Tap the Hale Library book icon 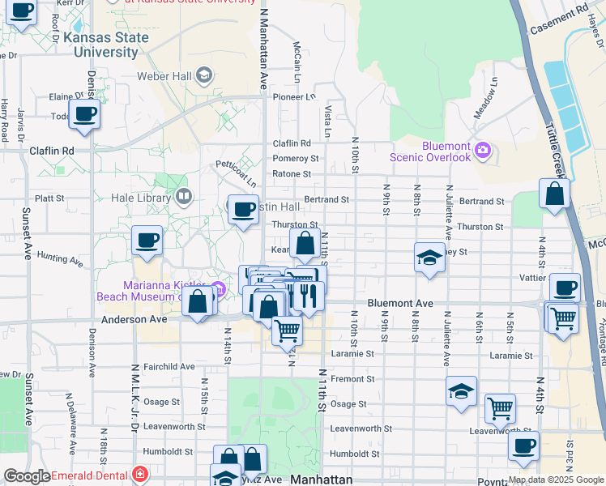coord(185,197)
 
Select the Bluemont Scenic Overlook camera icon coord(484,149)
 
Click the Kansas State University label coord(106,45)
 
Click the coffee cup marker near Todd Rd coord(84,115)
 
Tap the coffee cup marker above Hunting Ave coord(147,241)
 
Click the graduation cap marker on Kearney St coord(429,258)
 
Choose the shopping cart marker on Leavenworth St coord(500,408)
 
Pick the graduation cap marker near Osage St coord(461,392)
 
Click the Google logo coord(27,476)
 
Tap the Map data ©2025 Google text coord(555,480)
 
